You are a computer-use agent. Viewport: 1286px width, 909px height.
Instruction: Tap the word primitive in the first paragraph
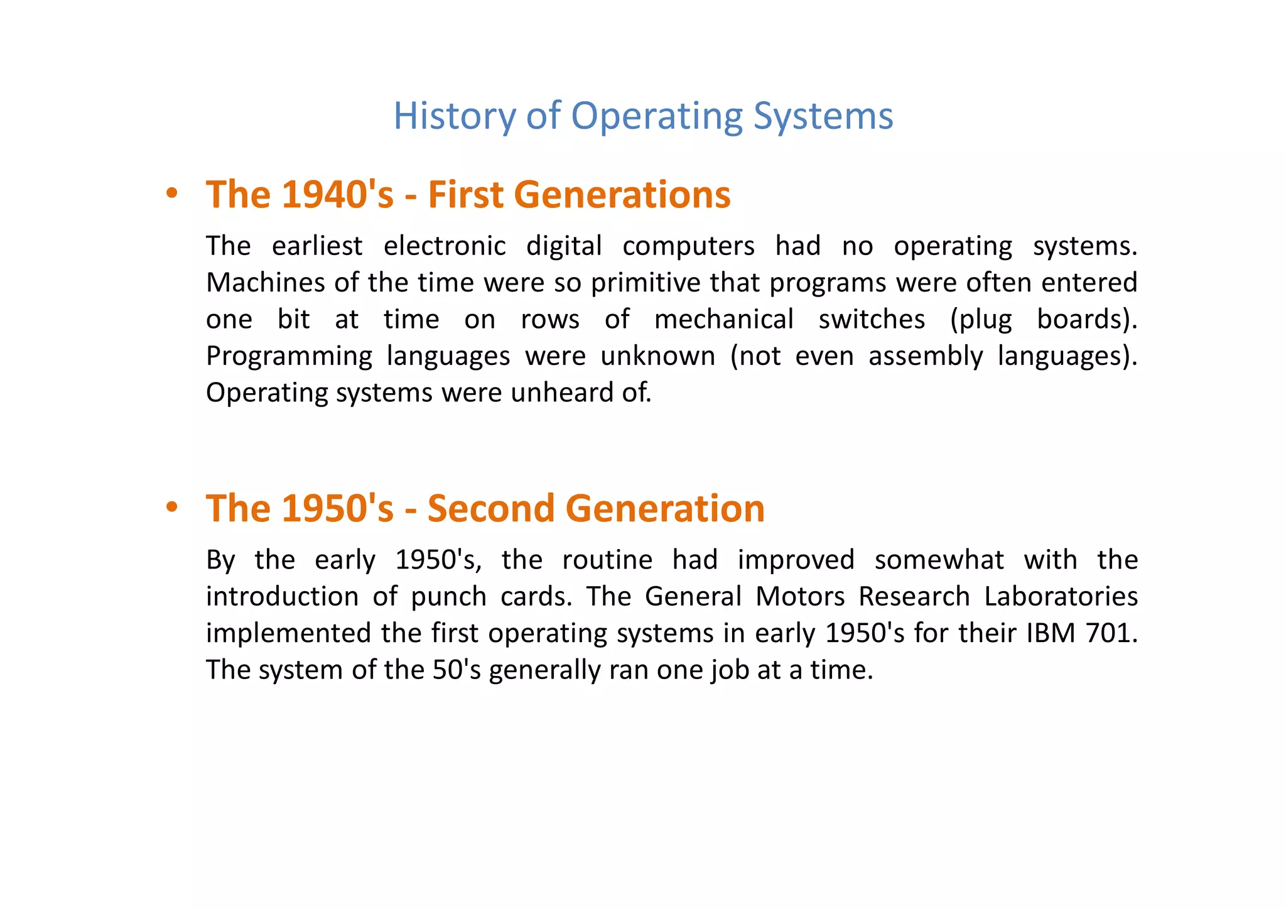(646, 283)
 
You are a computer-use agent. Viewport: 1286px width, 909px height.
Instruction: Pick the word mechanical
(723, 319)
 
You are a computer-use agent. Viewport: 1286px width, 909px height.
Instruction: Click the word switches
(872, 319)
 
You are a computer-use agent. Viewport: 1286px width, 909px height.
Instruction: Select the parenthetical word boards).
(1086, 319)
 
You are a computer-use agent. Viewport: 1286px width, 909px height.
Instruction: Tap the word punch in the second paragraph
(448, 596)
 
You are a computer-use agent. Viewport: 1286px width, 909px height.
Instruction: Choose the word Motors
(800, 596)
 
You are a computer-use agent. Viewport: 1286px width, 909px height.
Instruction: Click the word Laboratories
(1061, 596)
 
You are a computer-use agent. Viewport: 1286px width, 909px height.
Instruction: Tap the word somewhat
(939, 560)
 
